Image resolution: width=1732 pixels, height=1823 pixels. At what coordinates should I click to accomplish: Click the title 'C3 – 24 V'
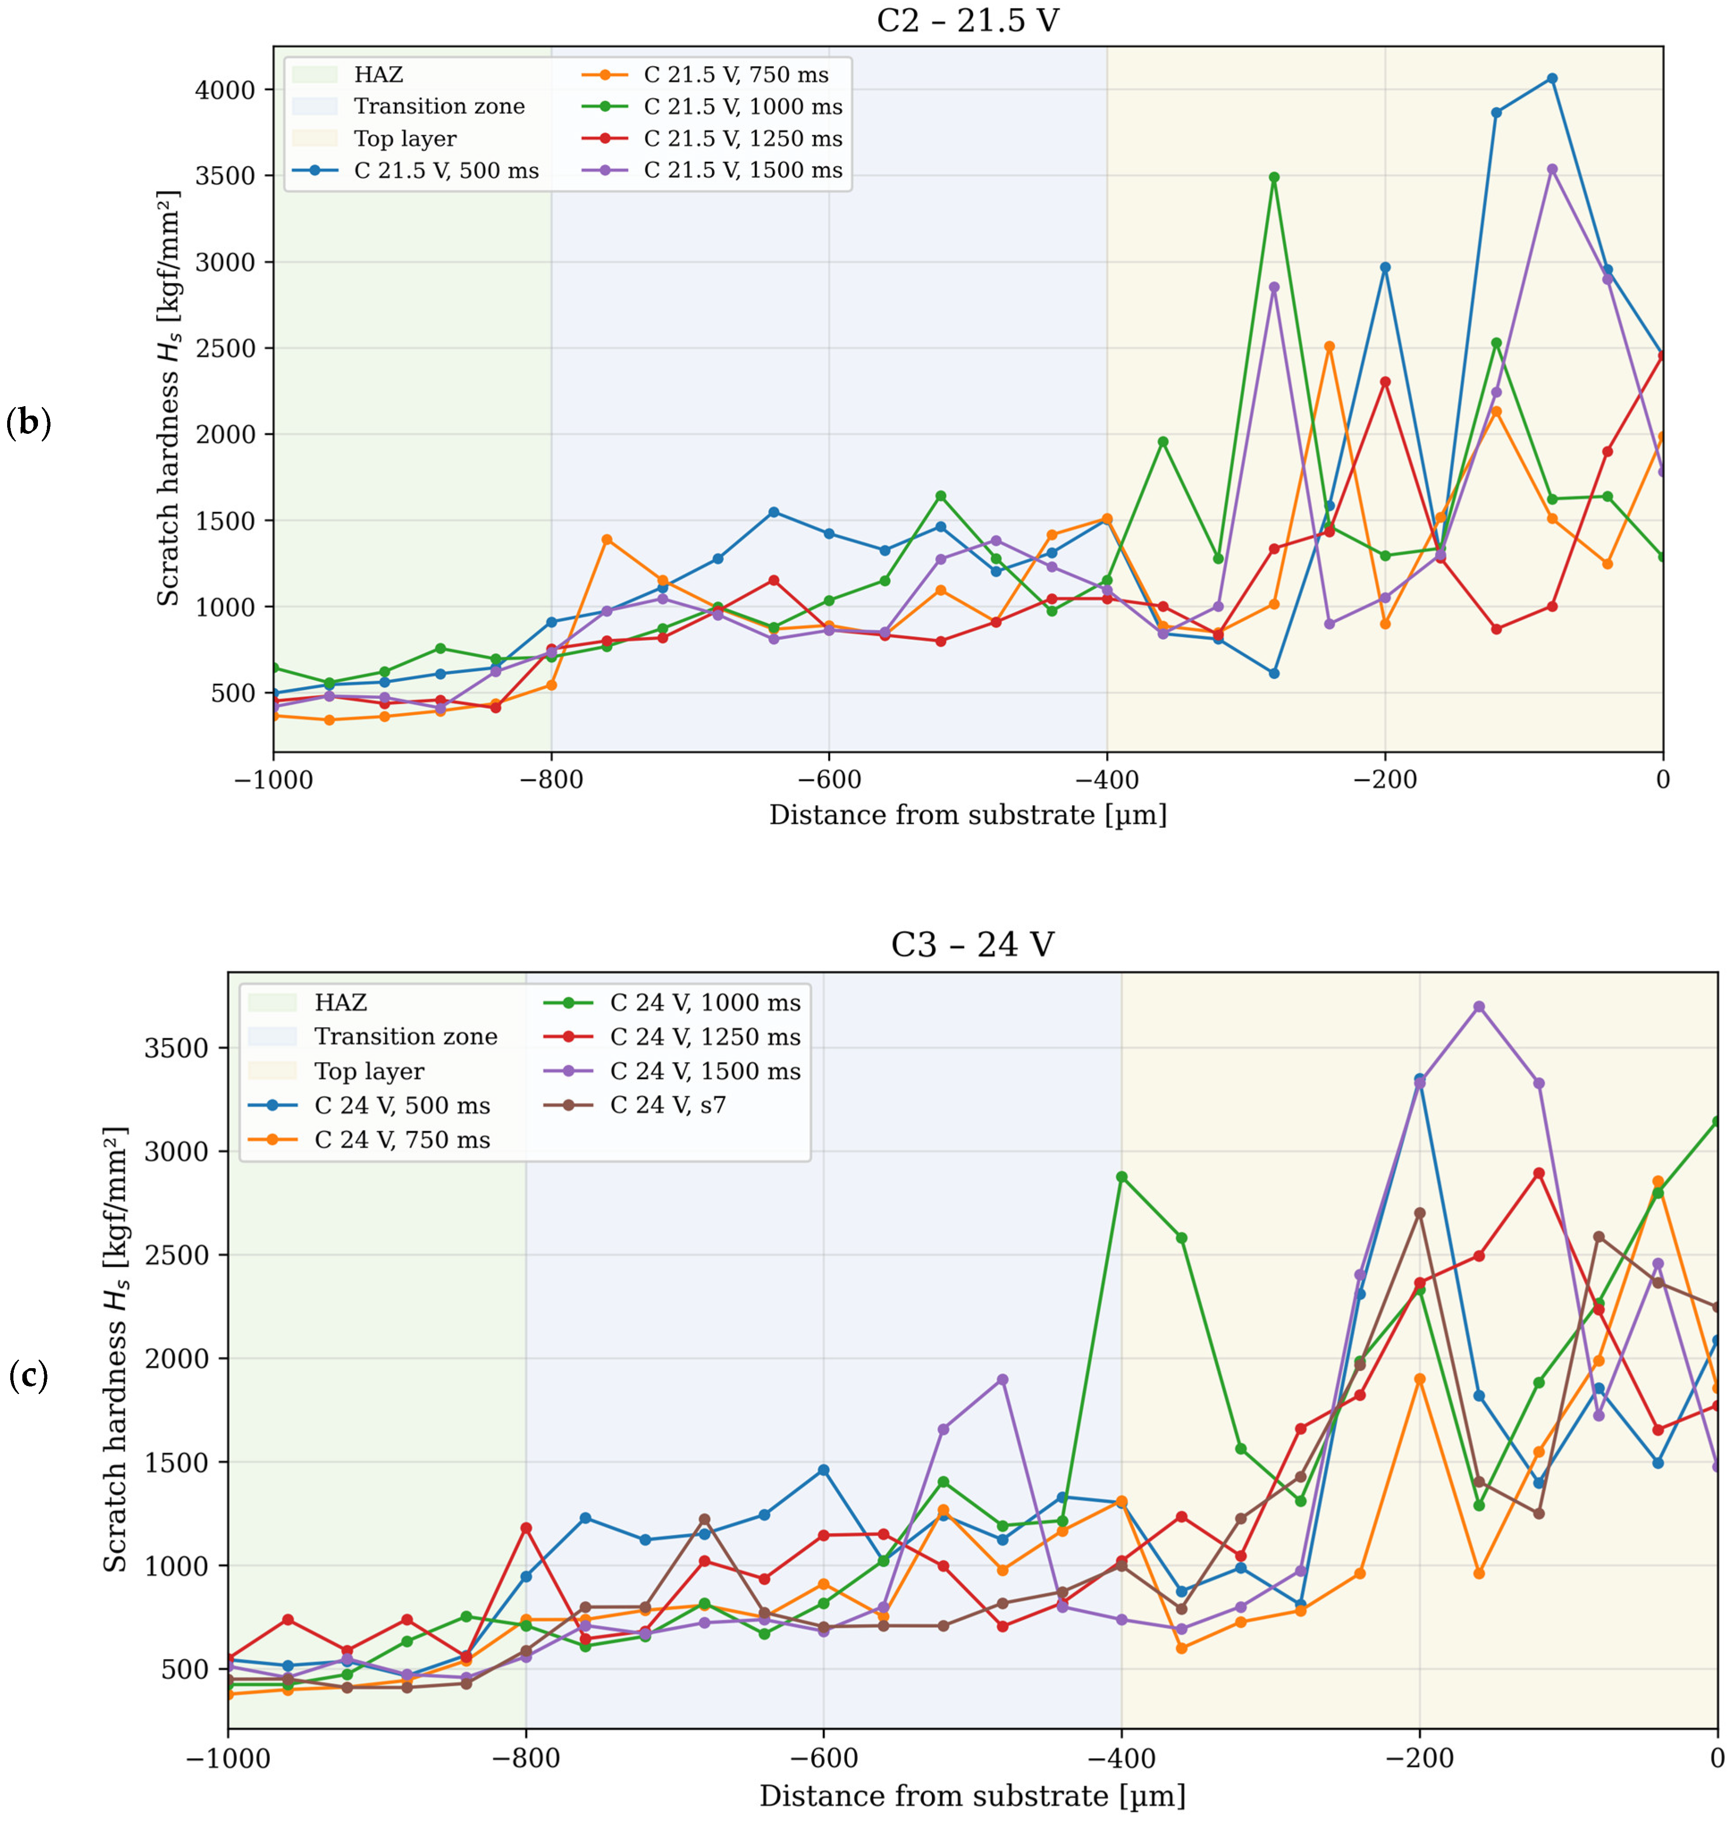click(972, 945)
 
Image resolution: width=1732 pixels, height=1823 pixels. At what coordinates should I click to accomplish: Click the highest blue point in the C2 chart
click(1552, 79)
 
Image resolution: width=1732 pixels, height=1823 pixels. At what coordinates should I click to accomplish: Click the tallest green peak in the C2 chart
click(1274, 176)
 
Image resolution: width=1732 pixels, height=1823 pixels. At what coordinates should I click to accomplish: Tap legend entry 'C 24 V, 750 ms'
click(402, 1140)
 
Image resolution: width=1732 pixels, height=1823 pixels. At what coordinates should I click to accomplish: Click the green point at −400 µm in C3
click(1122, 1176)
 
